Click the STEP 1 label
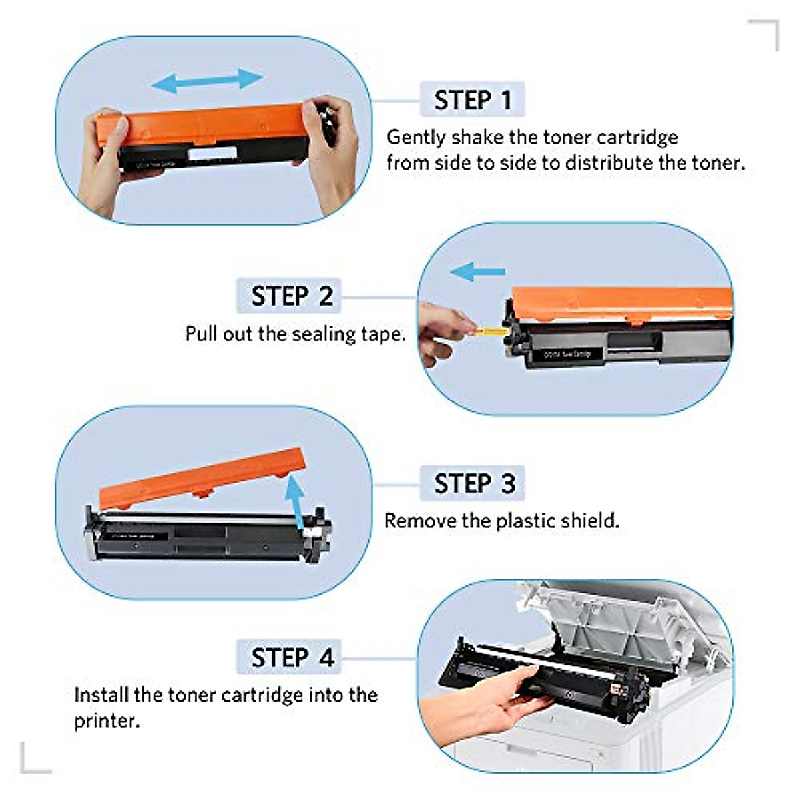(x=472, y=100)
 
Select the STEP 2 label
(x=290, y=296)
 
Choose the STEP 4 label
(x=291, y=657)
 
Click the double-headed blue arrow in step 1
(x=207, y=81)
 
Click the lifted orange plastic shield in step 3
(x=200, y=477)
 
